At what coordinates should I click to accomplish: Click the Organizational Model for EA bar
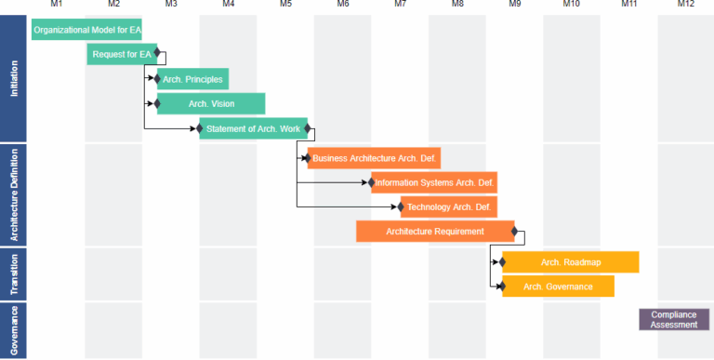coord(86,30)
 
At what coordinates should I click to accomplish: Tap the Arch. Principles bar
coord(192,79)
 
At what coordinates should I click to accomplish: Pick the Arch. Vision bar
coord(211,103)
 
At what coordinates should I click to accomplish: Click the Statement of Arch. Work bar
coord(253,128)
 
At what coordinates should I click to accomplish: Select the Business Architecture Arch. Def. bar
coord(375,157)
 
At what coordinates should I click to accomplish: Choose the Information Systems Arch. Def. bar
coord(434,182)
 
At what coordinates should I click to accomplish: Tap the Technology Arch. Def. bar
coord(449,207)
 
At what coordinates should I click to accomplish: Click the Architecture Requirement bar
coord(435,231)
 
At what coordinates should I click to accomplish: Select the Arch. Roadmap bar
coord(571,262)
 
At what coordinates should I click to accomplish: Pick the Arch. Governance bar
coord(558,287)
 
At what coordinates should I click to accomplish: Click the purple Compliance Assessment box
coord(674,319)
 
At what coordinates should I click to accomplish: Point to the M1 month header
coord(57,5)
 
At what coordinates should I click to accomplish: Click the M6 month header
coord(343,5)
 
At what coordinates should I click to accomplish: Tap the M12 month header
coord(685,5)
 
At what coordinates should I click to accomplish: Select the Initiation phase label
coord(14,78)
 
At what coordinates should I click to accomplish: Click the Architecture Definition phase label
coord(14,193)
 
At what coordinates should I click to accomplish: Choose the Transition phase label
coord(14,273)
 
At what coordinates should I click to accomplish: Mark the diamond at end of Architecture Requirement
coord(515,231)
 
